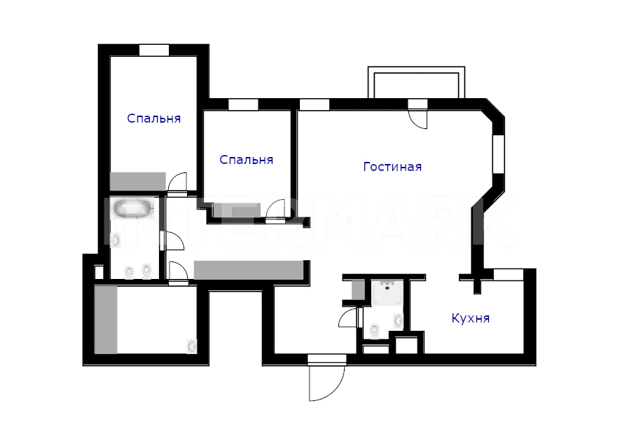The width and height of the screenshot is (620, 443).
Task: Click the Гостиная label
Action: tap(392, 167)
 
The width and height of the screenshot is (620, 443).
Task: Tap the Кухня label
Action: tap(471, 318)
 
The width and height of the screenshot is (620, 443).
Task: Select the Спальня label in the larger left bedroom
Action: tap(154, 118)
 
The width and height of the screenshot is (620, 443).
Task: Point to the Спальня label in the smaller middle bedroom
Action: tap(247, 160)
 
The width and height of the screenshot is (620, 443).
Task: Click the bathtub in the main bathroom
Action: tap(132, 207)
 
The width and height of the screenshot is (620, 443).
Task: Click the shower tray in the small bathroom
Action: tap(387, 293)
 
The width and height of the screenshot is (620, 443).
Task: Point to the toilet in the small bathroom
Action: tap(374, 331)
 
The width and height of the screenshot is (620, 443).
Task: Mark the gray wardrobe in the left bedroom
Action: tap(137, 181)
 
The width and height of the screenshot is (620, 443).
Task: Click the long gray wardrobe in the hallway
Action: tap(248, 270)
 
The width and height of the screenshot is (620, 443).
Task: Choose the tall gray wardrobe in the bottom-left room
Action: tap(106, 320)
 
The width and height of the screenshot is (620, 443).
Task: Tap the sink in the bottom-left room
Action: tap(192, 346)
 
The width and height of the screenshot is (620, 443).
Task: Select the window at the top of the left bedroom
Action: tap(154, 50)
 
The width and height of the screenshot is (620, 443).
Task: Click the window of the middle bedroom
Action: tap(243, 104)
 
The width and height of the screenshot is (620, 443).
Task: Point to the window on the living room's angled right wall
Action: tap(499, 154)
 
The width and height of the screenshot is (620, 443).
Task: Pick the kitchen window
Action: tap(509, 275)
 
